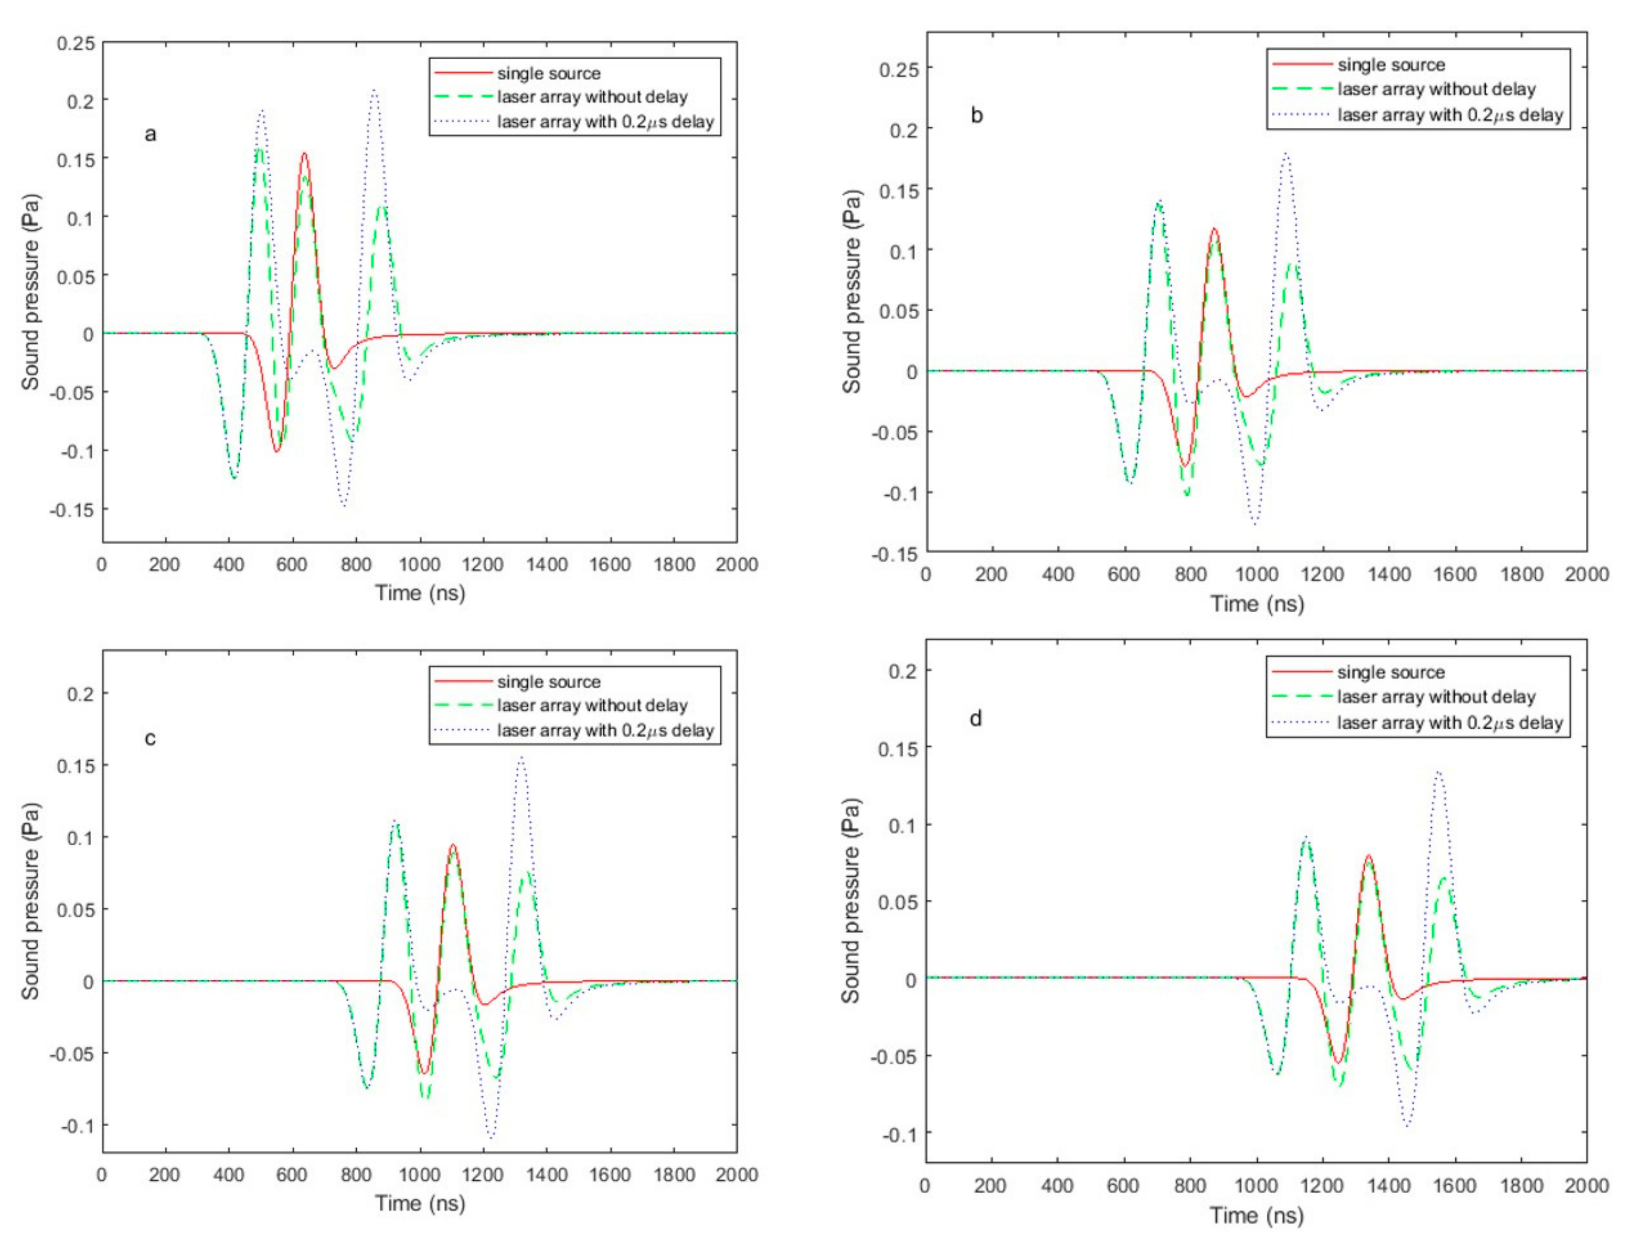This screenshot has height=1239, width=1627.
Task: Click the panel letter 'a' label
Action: (x=151, y=134)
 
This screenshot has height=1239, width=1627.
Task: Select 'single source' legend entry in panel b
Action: (x=1390, y=65)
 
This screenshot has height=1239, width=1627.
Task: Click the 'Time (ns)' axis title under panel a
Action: (x=420, y=592)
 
